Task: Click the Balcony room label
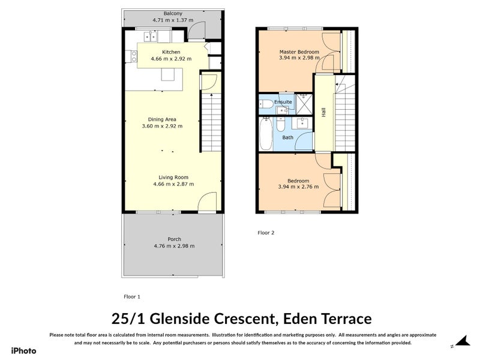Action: [x=173, y=13]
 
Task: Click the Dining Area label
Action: [x=162, y=119]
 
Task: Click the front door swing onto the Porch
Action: [x=207, y=202]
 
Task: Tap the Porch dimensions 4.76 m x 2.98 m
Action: [x=174, y=246]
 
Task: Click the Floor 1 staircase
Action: [x=209, y=123]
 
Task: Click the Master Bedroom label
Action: [x=299, y=52]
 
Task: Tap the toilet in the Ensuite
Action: [x=265, y=103]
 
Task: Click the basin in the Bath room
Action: [x=302, y=124]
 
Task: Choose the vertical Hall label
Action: [x=324, y=112]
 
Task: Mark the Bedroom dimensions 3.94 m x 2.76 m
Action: [x=298, y=187]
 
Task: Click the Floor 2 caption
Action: [x=266, y=232]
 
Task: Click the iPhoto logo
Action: [x=23, y=350]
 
